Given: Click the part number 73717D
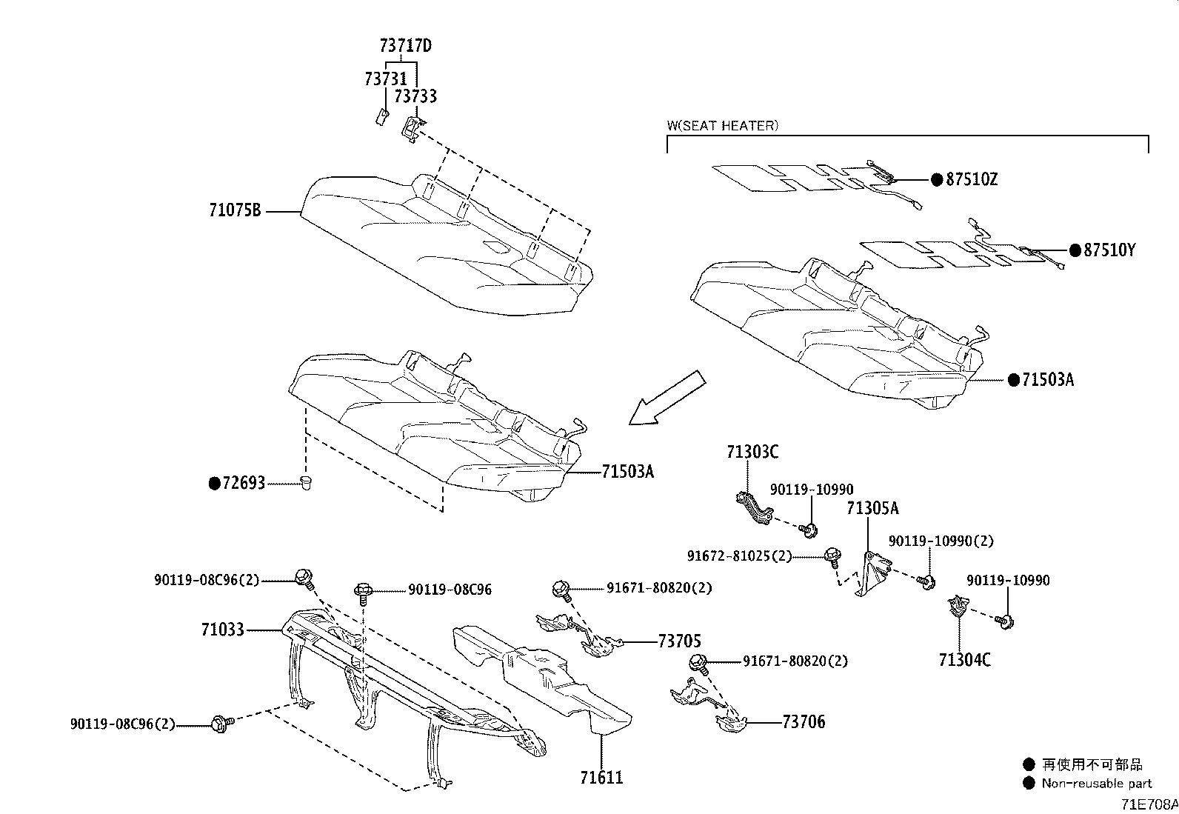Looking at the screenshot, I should (405, 46).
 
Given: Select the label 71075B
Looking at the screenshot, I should (235, 211).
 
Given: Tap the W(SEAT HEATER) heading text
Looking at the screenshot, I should (722, 125).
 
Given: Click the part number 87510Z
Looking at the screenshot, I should (971, 179).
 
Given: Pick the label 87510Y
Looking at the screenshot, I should (1109, 250).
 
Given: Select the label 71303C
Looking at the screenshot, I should (752, 452).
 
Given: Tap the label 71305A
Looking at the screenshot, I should (872, 508).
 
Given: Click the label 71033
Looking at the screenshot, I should (222, 630).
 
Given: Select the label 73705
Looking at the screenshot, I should (678, 641).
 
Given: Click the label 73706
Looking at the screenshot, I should (803, 721).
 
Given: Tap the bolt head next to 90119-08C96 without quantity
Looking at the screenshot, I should (364, 590).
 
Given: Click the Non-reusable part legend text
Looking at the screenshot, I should (1096, 783).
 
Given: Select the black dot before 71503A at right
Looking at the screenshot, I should (1014, 380).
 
